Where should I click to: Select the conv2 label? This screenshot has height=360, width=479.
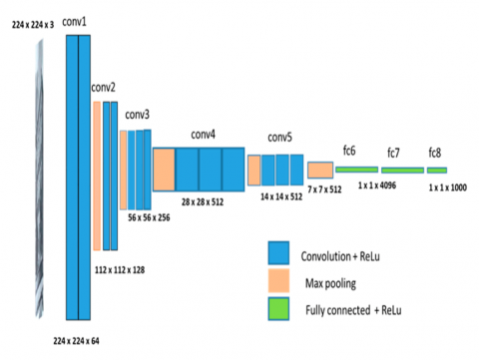click(103, 88)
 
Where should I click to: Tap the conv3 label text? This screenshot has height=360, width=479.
click(138, 115)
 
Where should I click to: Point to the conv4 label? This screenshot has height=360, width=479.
click(204, 134)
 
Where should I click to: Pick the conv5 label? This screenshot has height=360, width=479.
click(281, 139)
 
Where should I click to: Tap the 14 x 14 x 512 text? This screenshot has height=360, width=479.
click(281, 197)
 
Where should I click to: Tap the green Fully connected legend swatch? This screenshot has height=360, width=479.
click(278, 310)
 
